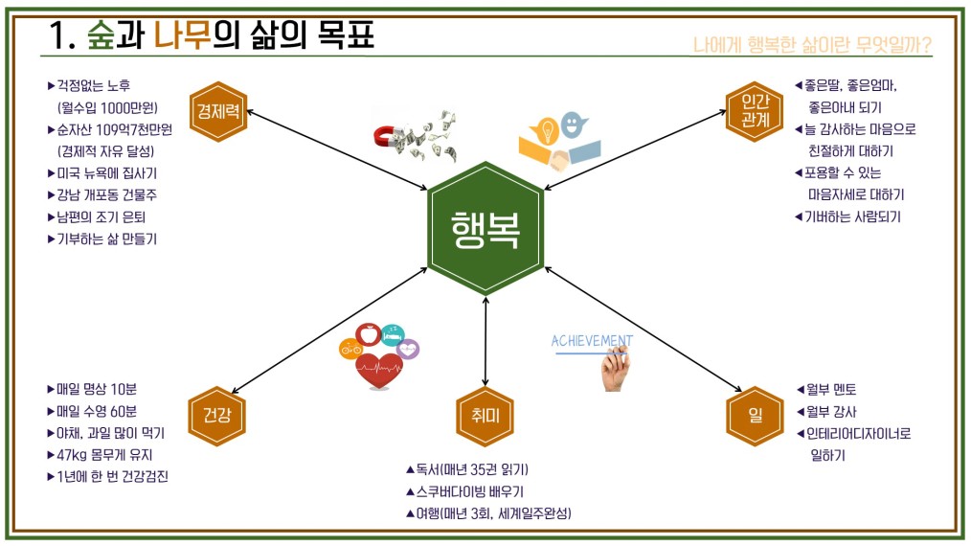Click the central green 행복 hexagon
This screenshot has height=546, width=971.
[x=485, y=229]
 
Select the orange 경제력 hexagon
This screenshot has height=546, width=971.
[x=218, y=111]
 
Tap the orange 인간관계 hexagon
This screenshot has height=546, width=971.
[x=755, y=111]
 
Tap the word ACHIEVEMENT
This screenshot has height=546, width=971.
[x=592, y=341]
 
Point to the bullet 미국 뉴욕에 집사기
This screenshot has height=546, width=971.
[x=102, y=173]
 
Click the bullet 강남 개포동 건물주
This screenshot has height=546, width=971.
[x=107, y=195]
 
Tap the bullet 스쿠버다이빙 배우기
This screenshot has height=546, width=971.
[x=464, y=491]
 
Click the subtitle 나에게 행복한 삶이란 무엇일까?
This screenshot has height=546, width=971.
[x=811, y=45]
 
